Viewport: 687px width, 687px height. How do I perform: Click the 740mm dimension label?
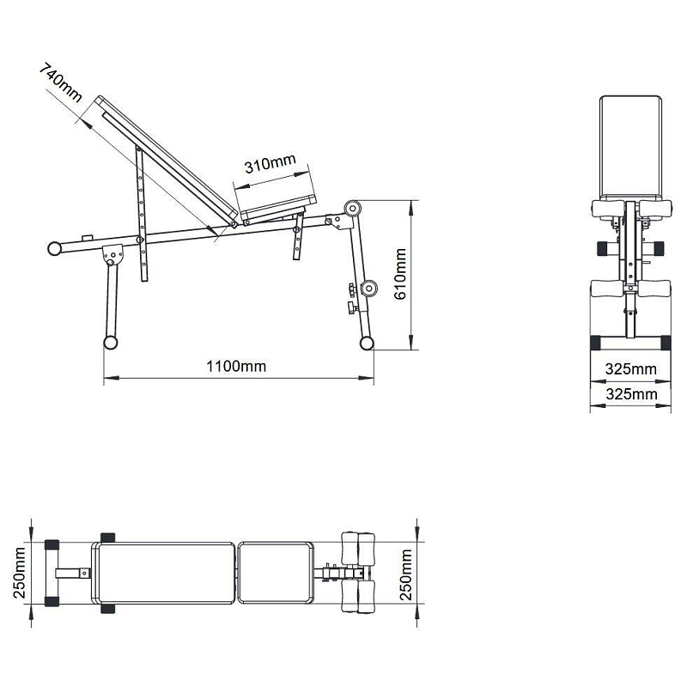tap(60, 82)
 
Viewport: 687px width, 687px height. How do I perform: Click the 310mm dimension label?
tap(270, 163)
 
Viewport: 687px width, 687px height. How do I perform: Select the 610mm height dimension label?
tap(400, 274)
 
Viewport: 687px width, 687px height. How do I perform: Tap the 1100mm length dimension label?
tap(236, 366)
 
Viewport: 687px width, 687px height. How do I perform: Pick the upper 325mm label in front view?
tap(631, 369)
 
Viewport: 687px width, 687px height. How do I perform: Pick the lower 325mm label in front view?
tap(631, 394)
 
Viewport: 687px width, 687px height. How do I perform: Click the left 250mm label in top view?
tap(20, 573)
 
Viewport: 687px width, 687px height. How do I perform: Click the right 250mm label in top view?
tap(406, 575)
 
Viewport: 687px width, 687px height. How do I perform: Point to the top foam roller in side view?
tap(352, 209)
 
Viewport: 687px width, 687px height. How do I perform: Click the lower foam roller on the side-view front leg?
tap(369, 289)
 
